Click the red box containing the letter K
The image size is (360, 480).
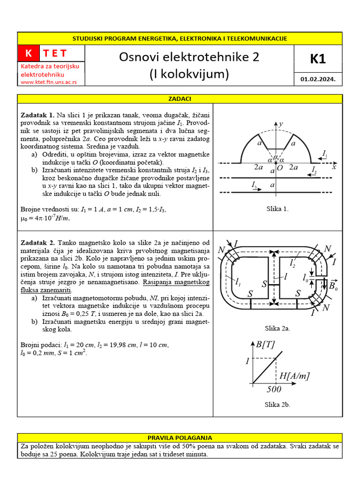(29, 53)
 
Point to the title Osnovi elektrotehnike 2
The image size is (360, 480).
(188, 57)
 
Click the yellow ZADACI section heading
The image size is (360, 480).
(180, 99)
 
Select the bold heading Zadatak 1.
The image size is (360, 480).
(37, 115)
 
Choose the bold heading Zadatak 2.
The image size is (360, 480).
(37, 242)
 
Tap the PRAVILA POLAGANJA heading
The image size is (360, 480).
(180, 437)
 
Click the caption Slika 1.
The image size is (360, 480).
(276, 209)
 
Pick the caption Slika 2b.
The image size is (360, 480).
(277, 404)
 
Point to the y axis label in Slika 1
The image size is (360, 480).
(281, 124)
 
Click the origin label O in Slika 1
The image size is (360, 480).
(280, 167)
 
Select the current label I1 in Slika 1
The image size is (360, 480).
(325, 153)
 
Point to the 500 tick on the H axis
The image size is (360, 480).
(274, 389)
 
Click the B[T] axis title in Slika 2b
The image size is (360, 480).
(265, 345)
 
